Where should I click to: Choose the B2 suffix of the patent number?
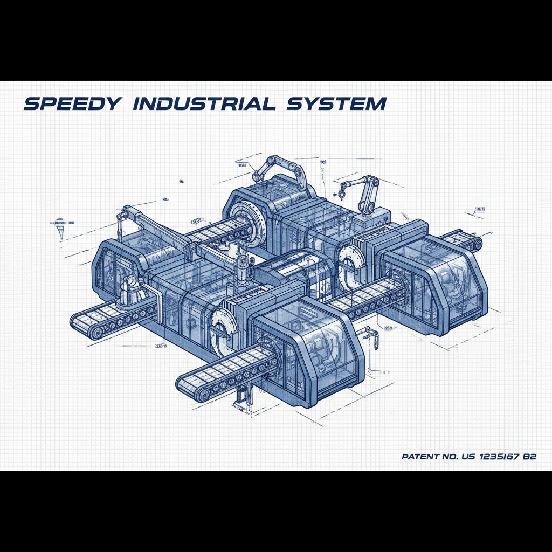coord(530,457)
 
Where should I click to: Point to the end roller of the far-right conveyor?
coord(477,245)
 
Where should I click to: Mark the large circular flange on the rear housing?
coord(251,218)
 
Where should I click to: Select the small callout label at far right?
coord(479,209)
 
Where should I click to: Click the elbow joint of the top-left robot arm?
coord(272,160)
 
